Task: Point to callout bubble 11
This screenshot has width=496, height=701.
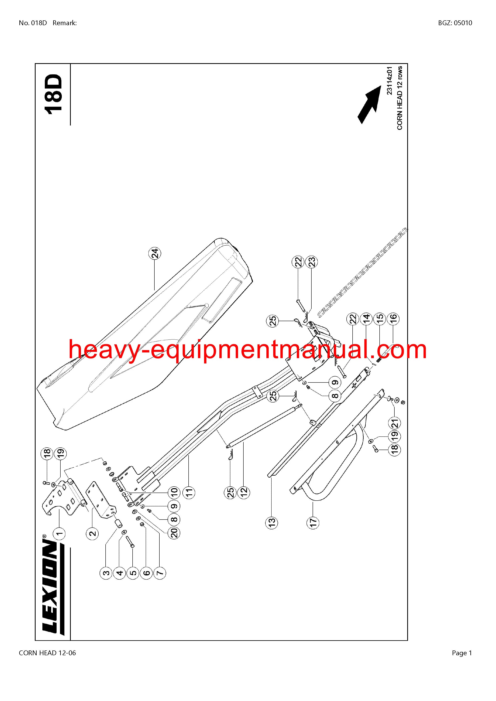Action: click(189, 492)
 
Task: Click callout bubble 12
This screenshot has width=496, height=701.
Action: click(244, 492)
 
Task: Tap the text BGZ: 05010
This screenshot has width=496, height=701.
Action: click(455, 23)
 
